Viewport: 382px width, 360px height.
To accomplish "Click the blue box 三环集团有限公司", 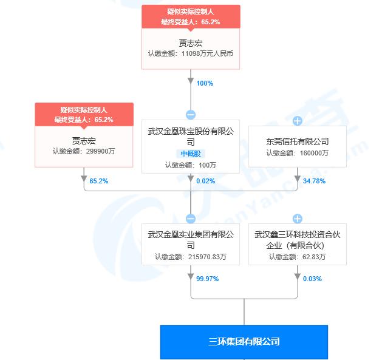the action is coord(244,342).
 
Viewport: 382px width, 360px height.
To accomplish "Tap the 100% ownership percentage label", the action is coord(205,83).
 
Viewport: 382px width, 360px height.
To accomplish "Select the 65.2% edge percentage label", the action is coord(98,181).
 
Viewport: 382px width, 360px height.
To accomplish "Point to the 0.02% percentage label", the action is coord(206,181).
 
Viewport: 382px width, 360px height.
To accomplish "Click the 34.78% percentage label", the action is coord(314,181).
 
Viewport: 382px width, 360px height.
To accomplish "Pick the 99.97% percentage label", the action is coord(207,279).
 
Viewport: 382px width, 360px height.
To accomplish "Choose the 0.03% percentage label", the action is coord(312,279).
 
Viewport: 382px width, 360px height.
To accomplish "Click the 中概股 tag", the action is coord(191,154).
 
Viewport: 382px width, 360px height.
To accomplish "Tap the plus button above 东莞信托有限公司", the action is coord(297,121).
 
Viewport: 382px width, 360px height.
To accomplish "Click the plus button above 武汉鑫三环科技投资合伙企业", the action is coord(297,219).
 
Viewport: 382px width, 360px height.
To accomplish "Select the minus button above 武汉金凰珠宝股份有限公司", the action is coord(191,115).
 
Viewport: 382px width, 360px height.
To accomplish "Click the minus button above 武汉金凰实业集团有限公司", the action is coord(191,219).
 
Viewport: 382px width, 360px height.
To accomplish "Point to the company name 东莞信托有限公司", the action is coord(297,141).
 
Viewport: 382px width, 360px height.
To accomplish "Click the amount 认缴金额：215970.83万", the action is coord(191,257).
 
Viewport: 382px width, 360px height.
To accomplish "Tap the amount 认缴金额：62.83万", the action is coord(297,257).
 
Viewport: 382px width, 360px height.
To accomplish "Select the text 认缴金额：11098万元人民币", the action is coord(191,53).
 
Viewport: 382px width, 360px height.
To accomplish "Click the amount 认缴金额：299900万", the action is coord(84,151).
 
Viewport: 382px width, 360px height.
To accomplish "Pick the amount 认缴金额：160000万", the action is coord(297,153).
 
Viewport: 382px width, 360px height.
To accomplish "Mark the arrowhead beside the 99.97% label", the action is coord(191,276).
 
